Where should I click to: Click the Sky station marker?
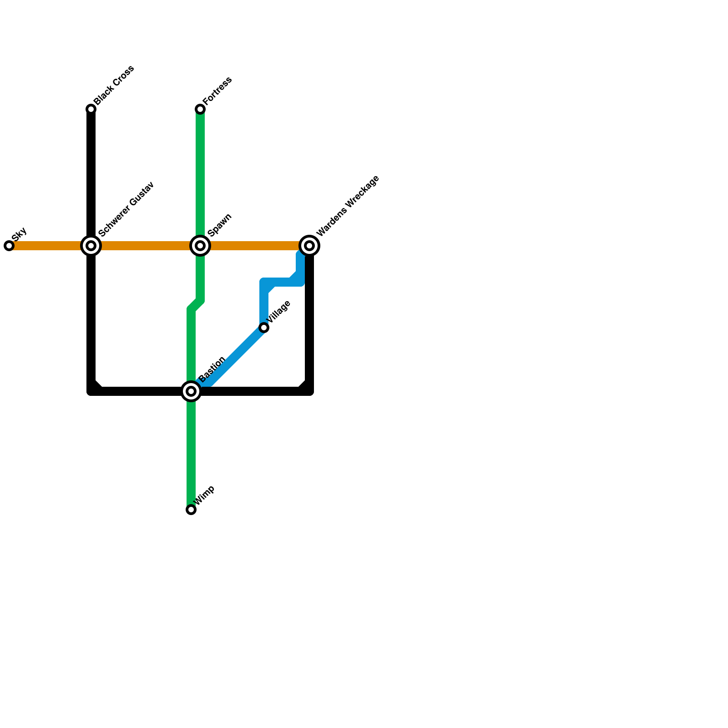pos(9,246)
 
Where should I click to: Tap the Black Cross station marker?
pos(91,109)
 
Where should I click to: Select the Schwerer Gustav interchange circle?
pos(91,246)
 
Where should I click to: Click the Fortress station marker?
pos(200,109)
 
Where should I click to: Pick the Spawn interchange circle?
pos(200,246)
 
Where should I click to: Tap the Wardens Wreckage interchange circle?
pos(309,246)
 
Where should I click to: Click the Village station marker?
pos(264,328)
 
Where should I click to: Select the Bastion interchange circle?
pos(191,391)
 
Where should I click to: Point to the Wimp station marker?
pos(191,510)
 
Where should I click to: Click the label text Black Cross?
pos(114,86)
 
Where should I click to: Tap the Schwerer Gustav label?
pos(126,209)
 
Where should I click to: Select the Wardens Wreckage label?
pos(348,206)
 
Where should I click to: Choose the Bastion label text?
pos(212,369)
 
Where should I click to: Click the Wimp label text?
pos(205,495)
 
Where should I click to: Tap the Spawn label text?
pos(220,225)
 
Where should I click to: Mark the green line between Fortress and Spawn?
pos(200,177)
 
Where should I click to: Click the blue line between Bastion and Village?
pos(232,359)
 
